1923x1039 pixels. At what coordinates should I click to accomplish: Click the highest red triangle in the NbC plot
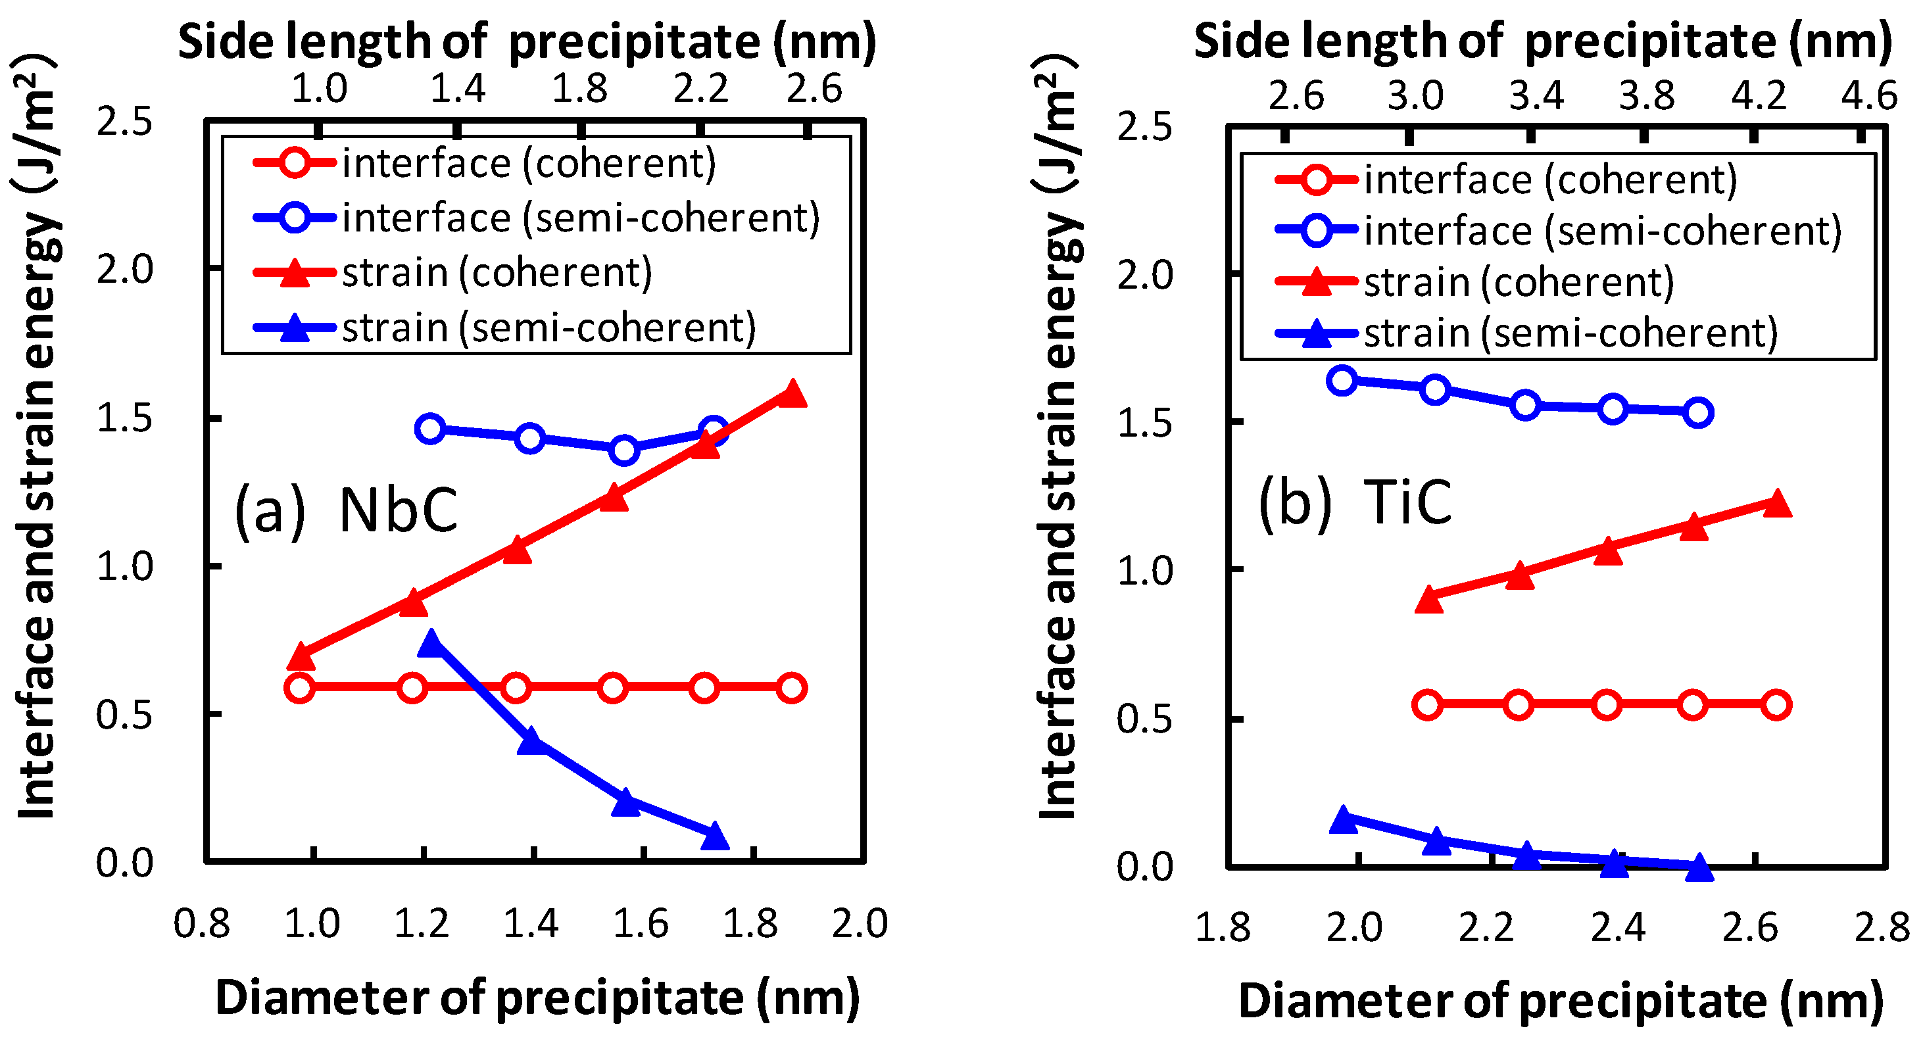792,393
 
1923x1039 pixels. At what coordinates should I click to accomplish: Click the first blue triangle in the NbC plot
430,642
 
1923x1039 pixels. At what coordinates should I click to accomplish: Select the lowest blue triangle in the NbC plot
714,836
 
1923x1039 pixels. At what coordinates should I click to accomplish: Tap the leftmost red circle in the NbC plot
299,687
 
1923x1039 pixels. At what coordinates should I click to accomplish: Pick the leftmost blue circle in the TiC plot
1342,380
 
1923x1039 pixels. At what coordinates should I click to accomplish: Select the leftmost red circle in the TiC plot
1428,704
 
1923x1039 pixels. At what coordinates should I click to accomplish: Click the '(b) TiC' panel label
1355,503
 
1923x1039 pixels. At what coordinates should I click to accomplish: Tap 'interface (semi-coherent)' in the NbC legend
581,218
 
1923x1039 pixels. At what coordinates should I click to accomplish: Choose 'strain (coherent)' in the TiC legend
1519,283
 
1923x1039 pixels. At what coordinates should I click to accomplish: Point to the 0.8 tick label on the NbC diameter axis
201,924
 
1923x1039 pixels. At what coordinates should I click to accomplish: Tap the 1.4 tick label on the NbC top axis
458,89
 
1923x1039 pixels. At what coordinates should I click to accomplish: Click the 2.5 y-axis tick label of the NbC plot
124,122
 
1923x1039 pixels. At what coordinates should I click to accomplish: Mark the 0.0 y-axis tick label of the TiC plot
1144,867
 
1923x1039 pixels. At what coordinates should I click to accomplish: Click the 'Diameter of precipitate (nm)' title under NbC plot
537,998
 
